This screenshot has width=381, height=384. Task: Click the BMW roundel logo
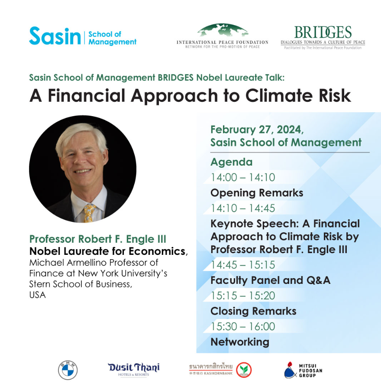(68, 370)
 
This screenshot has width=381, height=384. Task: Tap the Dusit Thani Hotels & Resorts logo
(134, 369)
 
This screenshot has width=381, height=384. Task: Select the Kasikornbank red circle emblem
(244, 370)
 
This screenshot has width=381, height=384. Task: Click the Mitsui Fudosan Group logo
(303, 370)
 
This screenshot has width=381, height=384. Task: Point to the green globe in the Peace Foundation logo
(223, 31)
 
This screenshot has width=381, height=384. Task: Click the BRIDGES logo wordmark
(323, 33)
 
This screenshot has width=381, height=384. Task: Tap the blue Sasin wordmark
(55, 36)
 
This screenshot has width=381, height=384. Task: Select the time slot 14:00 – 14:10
(243, 177)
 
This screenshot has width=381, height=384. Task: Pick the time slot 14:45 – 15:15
(243, 265)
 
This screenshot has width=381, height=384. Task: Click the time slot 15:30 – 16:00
(243, 326)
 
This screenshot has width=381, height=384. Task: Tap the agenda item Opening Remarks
(257, 193)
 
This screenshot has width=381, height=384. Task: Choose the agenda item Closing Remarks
(253, 311)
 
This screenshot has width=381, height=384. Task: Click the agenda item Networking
(240, 342)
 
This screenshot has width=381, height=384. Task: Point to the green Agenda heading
(232, 163)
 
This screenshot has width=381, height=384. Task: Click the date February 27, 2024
(257, 130)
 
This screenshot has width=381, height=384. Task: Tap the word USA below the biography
(37, 295)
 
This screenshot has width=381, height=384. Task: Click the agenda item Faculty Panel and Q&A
(271, 281)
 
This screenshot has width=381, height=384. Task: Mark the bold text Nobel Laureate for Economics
(107, 251)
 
